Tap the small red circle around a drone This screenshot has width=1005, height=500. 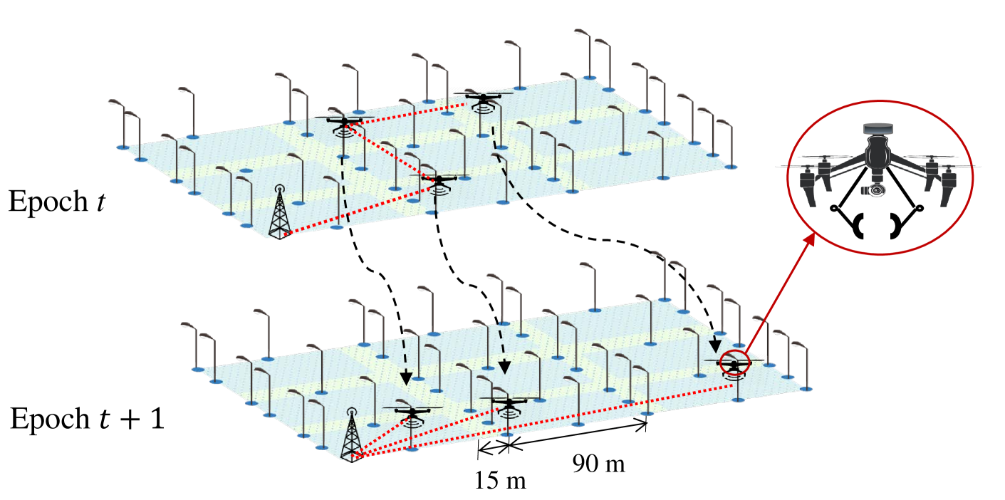point(734,363)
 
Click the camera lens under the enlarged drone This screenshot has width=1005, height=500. point(877,190)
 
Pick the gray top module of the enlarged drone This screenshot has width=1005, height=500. point(878,129)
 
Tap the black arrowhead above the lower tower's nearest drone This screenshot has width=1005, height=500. point(406,378)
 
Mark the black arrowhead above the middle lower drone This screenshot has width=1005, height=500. point(504,368)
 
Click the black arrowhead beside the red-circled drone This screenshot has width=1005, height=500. point(715,346)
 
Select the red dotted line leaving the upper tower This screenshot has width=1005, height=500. point(356,211)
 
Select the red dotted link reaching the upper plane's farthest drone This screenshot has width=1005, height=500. point(406,113)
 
